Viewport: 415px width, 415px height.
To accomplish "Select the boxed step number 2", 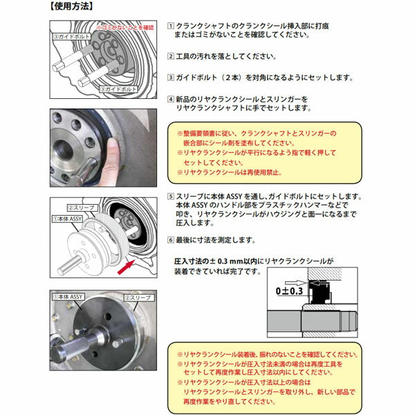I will point(171,57).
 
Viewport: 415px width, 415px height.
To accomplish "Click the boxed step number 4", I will point(171,99).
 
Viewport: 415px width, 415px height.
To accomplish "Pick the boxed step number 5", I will point(171,197).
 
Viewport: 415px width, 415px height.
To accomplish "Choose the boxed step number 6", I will point(171,240).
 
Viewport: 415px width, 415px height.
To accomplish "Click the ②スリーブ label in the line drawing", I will point(82,207).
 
